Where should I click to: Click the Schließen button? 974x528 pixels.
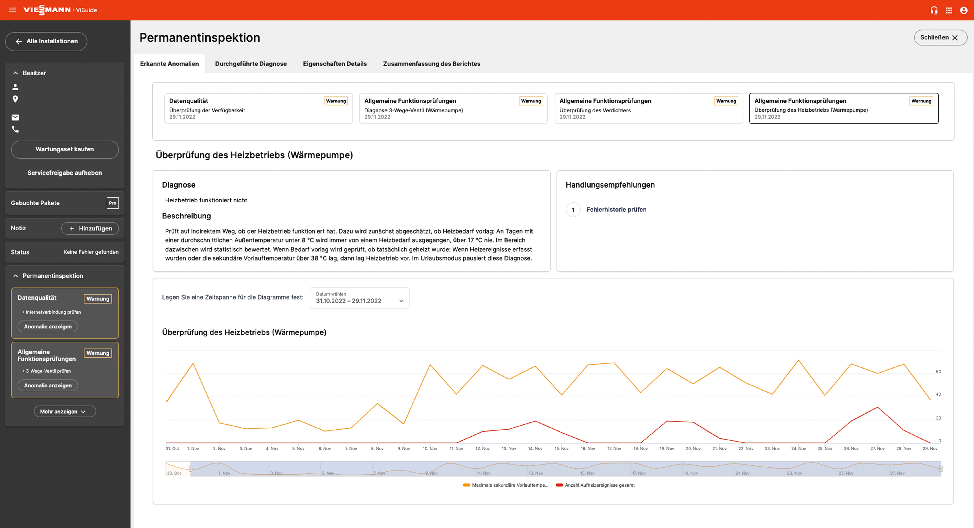(940, 37)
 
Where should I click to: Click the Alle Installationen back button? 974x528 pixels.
(46, 41)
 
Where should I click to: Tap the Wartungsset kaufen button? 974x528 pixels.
(65, 149)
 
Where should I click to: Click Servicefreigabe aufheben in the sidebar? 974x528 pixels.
(65, 173)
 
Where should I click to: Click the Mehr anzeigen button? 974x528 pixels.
(65, 411)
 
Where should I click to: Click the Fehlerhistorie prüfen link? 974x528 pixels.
(616, 209)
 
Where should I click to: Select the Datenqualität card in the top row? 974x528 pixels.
(258, 108)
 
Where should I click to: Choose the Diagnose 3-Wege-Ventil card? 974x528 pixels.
(453, 108)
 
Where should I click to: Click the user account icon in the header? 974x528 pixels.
(963, 10)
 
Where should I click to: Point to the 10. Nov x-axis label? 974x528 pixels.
(430, 449)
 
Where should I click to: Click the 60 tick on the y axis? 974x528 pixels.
(938, 371)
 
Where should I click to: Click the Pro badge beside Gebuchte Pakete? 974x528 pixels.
(112, 203)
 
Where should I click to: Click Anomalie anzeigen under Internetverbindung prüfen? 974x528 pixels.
(48, 326)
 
